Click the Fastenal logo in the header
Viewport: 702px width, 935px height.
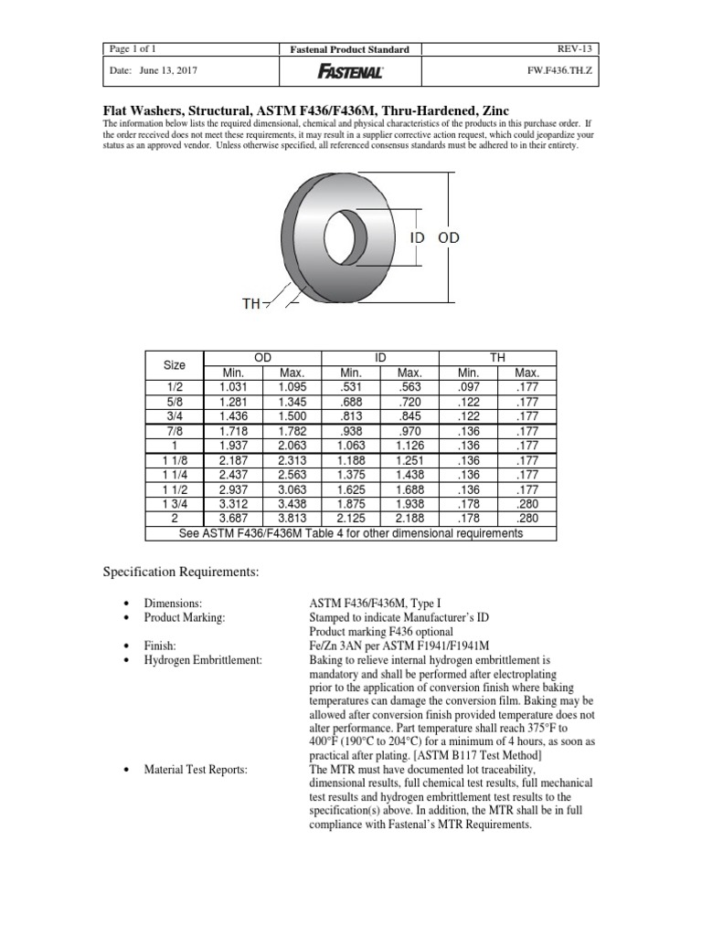click(350, 70)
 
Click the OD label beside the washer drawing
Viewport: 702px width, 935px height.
click(449, 237)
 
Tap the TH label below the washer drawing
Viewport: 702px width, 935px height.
click(250, 303)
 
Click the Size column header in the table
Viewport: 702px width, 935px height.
click(174, 365)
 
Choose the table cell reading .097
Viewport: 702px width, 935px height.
click(468, 385)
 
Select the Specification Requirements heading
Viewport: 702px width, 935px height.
click(180, 572)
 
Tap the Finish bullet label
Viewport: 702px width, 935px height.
click(160, 645)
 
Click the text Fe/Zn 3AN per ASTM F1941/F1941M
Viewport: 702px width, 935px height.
click(387, 645)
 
